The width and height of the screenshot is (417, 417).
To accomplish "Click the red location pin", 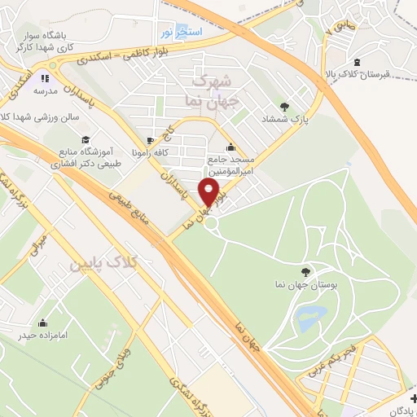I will coord(210,192).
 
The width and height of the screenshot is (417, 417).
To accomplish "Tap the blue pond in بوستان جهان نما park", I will coord(310,317).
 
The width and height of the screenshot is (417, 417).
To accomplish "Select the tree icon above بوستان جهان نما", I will coord(305,272).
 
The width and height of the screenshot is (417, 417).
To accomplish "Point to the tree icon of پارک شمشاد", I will coord(284,106).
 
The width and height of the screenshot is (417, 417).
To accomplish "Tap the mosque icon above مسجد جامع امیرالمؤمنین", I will coord(232,147).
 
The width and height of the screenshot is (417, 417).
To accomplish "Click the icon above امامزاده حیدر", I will coord(42,322).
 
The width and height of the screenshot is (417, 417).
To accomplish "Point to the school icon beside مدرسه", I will coord(45,79).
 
